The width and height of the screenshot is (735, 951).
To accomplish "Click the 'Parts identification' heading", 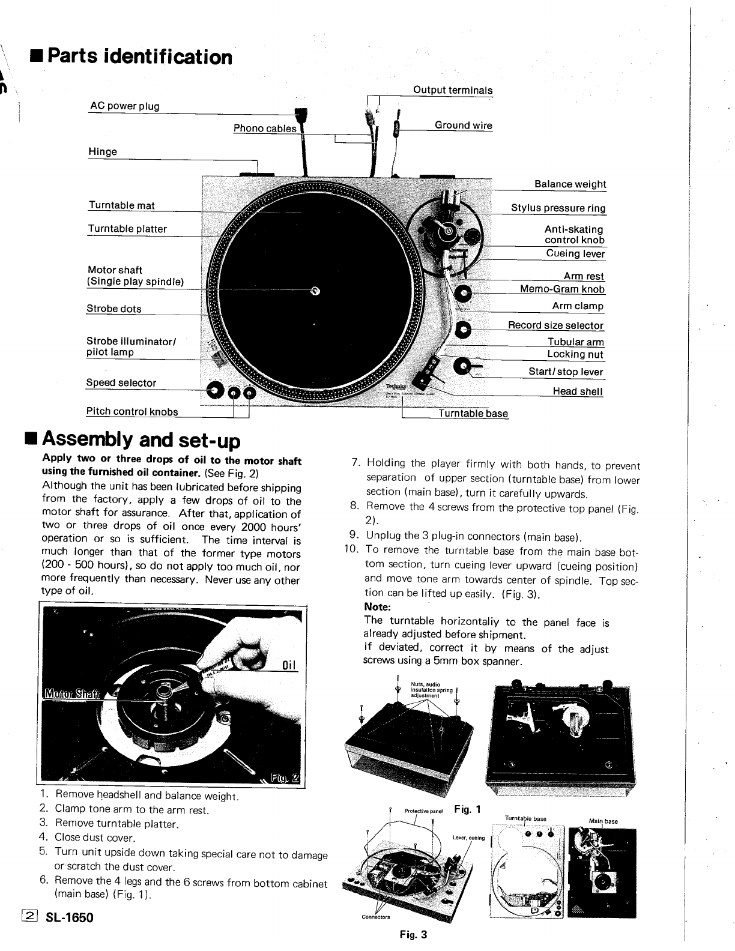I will click(x=139, y=57).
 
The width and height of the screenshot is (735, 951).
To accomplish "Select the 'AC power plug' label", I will click(x=124, y=106).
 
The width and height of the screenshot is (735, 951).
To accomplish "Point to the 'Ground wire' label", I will click(x=463, y=125).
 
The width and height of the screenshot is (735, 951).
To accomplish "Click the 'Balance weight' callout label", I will click(x=570, y=184).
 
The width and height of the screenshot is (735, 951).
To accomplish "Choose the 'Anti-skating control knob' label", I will click(x=574, y=234).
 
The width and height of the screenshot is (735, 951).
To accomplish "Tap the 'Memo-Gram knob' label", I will click(x=562, y=289).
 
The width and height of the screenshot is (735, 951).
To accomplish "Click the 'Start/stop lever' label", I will click(x=566, y=372).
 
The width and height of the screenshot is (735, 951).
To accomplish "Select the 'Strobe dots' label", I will click(x=114, y=309).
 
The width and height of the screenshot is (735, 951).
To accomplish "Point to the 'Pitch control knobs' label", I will click(x=132, y=411).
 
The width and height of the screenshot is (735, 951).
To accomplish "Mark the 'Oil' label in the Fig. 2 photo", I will click(x=290, y=665).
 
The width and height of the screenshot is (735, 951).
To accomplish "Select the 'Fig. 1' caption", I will click(x=468, y=809).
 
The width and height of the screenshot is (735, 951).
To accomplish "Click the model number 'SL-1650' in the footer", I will click(x=70, y=917).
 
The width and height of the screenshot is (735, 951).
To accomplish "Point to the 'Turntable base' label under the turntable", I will click(x=473, y=413).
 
